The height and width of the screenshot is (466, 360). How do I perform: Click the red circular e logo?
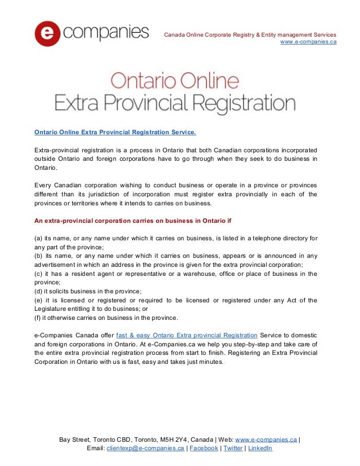47,33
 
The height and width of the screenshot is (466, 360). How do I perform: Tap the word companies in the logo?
106,32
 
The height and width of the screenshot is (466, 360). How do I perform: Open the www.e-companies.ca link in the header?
308,42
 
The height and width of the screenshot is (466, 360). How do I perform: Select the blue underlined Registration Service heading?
115,133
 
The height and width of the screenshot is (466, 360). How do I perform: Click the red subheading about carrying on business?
133,219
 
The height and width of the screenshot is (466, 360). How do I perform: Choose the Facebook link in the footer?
204,449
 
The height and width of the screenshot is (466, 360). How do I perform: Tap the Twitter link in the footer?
233,449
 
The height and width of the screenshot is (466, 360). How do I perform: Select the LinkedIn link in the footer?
260,449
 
